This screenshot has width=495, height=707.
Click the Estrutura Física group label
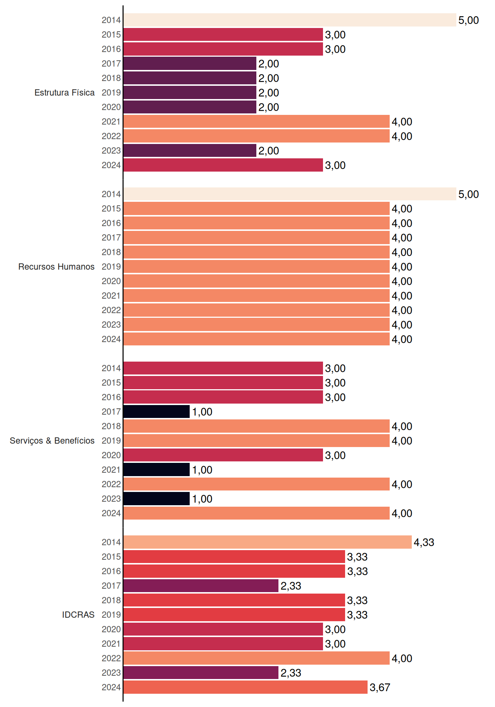click(64, 92)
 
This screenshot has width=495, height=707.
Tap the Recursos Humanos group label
click(56, 267)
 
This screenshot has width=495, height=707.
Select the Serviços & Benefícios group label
click(52, 440)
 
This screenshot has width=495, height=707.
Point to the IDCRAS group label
click(78, 615)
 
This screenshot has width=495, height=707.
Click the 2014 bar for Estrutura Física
click(290, 20)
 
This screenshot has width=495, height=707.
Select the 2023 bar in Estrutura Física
click(190, 151)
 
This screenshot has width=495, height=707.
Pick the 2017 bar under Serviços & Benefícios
click(157, 412)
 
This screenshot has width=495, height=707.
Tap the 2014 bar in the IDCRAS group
click(268, 542)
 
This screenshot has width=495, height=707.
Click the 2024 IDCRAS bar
click(246, 687)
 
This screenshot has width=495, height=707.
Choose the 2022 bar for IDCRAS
click(257, 658)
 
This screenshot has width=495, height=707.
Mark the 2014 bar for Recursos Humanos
click(290, 194)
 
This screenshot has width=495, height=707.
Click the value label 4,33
click(424, 542)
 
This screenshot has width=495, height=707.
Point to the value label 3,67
click(380, 687)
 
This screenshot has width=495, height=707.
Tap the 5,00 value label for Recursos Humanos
click(468, 194)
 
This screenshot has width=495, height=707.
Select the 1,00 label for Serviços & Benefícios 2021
click(202, 470)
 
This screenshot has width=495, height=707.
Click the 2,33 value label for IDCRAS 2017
click(291, 586)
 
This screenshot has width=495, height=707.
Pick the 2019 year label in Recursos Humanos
click(111, 267)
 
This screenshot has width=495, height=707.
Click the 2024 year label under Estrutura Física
click(111, 165)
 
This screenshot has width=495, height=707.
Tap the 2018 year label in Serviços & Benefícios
click(111, 426)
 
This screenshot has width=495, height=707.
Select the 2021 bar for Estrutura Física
click(257, 122)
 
